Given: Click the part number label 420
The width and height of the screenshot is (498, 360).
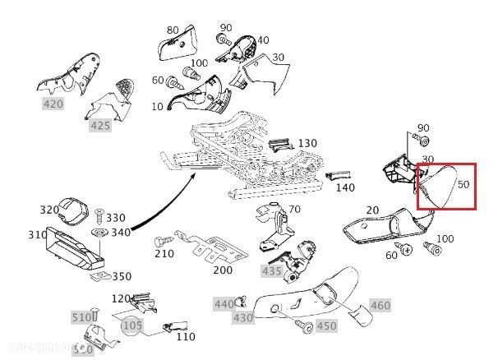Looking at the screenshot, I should tap(53, 104).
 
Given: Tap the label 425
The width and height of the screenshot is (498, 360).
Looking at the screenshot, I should tap(100, 126).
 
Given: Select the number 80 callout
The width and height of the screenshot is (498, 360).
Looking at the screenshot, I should tap(173, 30).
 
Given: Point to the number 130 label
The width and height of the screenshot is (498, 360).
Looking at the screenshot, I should tap(307, 143).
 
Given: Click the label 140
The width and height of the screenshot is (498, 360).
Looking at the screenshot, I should tap(346, 187).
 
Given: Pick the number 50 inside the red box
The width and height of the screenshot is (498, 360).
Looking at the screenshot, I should tap(463, 184).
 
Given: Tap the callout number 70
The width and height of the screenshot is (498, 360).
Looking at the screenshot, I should tap(294, 210).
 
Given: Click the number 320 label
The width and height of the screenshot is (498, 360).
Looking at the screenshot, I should tap(49, 210).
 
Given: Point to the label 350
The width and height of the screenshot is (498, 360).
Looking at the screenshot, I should tap(121, 276).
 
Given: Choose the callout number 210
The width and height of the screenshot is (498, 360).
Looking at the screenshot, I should tap(164, 253).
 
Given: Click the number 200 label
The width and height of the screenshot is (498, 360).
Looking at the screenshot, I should tap(223, 270).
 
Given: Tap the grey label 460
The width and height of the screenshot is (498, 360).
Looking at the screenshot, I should tap(380, 306).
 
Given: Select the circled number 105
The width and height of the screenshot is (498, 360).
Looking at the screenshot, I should tap(132, 326).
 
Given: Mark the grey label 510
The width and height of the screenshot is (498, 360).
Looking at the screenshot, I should tap(82, 317).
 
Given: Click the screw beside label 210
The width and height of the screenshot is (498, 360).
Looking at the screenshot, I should tap(160, 242).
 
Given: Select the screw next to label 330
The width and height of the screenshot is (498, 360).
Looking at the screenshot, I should tap(99, 217).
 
